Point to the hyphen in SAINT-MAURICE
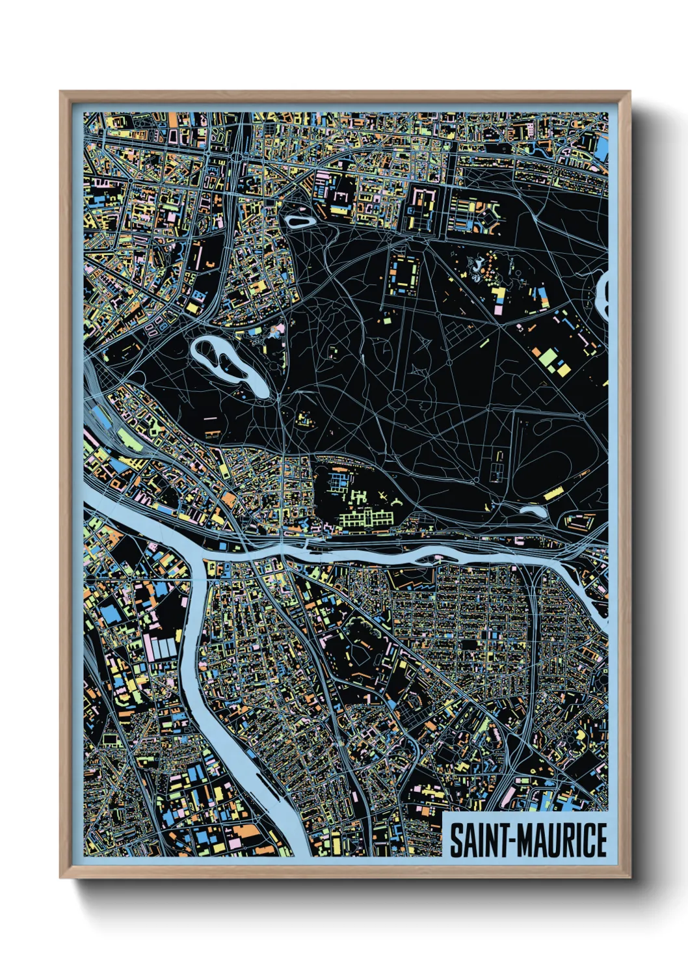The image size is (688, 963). point(512,841)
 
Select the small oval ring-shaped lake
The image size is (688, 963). point(300,222)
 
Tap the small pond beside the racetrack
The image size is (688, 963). point(533,511)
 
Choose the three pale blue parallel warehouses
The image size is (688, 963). point(163,648)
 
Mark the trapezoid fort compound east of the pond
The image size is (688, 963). point(579,521)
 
